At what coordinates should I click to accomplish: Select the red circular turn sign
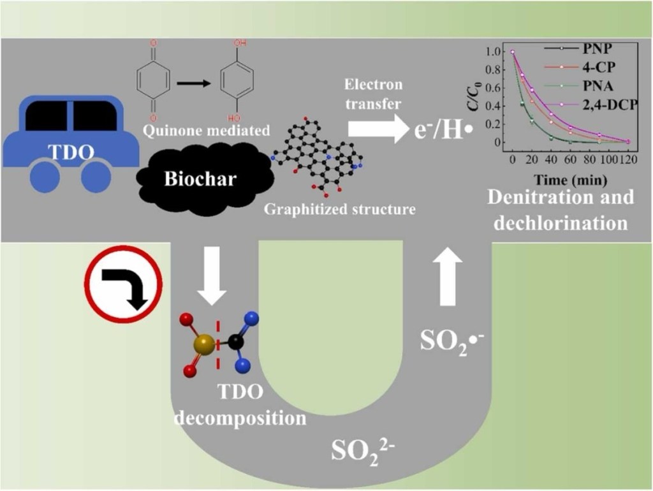tap(124, 283)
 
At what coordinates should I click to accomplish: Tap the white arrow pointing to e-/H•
tap(377, 130)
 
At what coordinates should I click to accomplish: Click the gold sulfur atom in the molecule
tap(205, 345)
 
